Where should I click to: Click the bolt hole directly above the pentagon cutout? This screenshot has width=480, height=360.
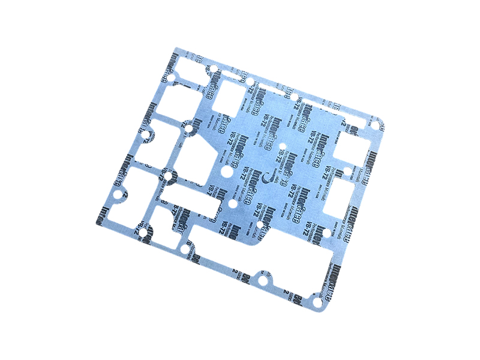[x=187, y=128]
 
